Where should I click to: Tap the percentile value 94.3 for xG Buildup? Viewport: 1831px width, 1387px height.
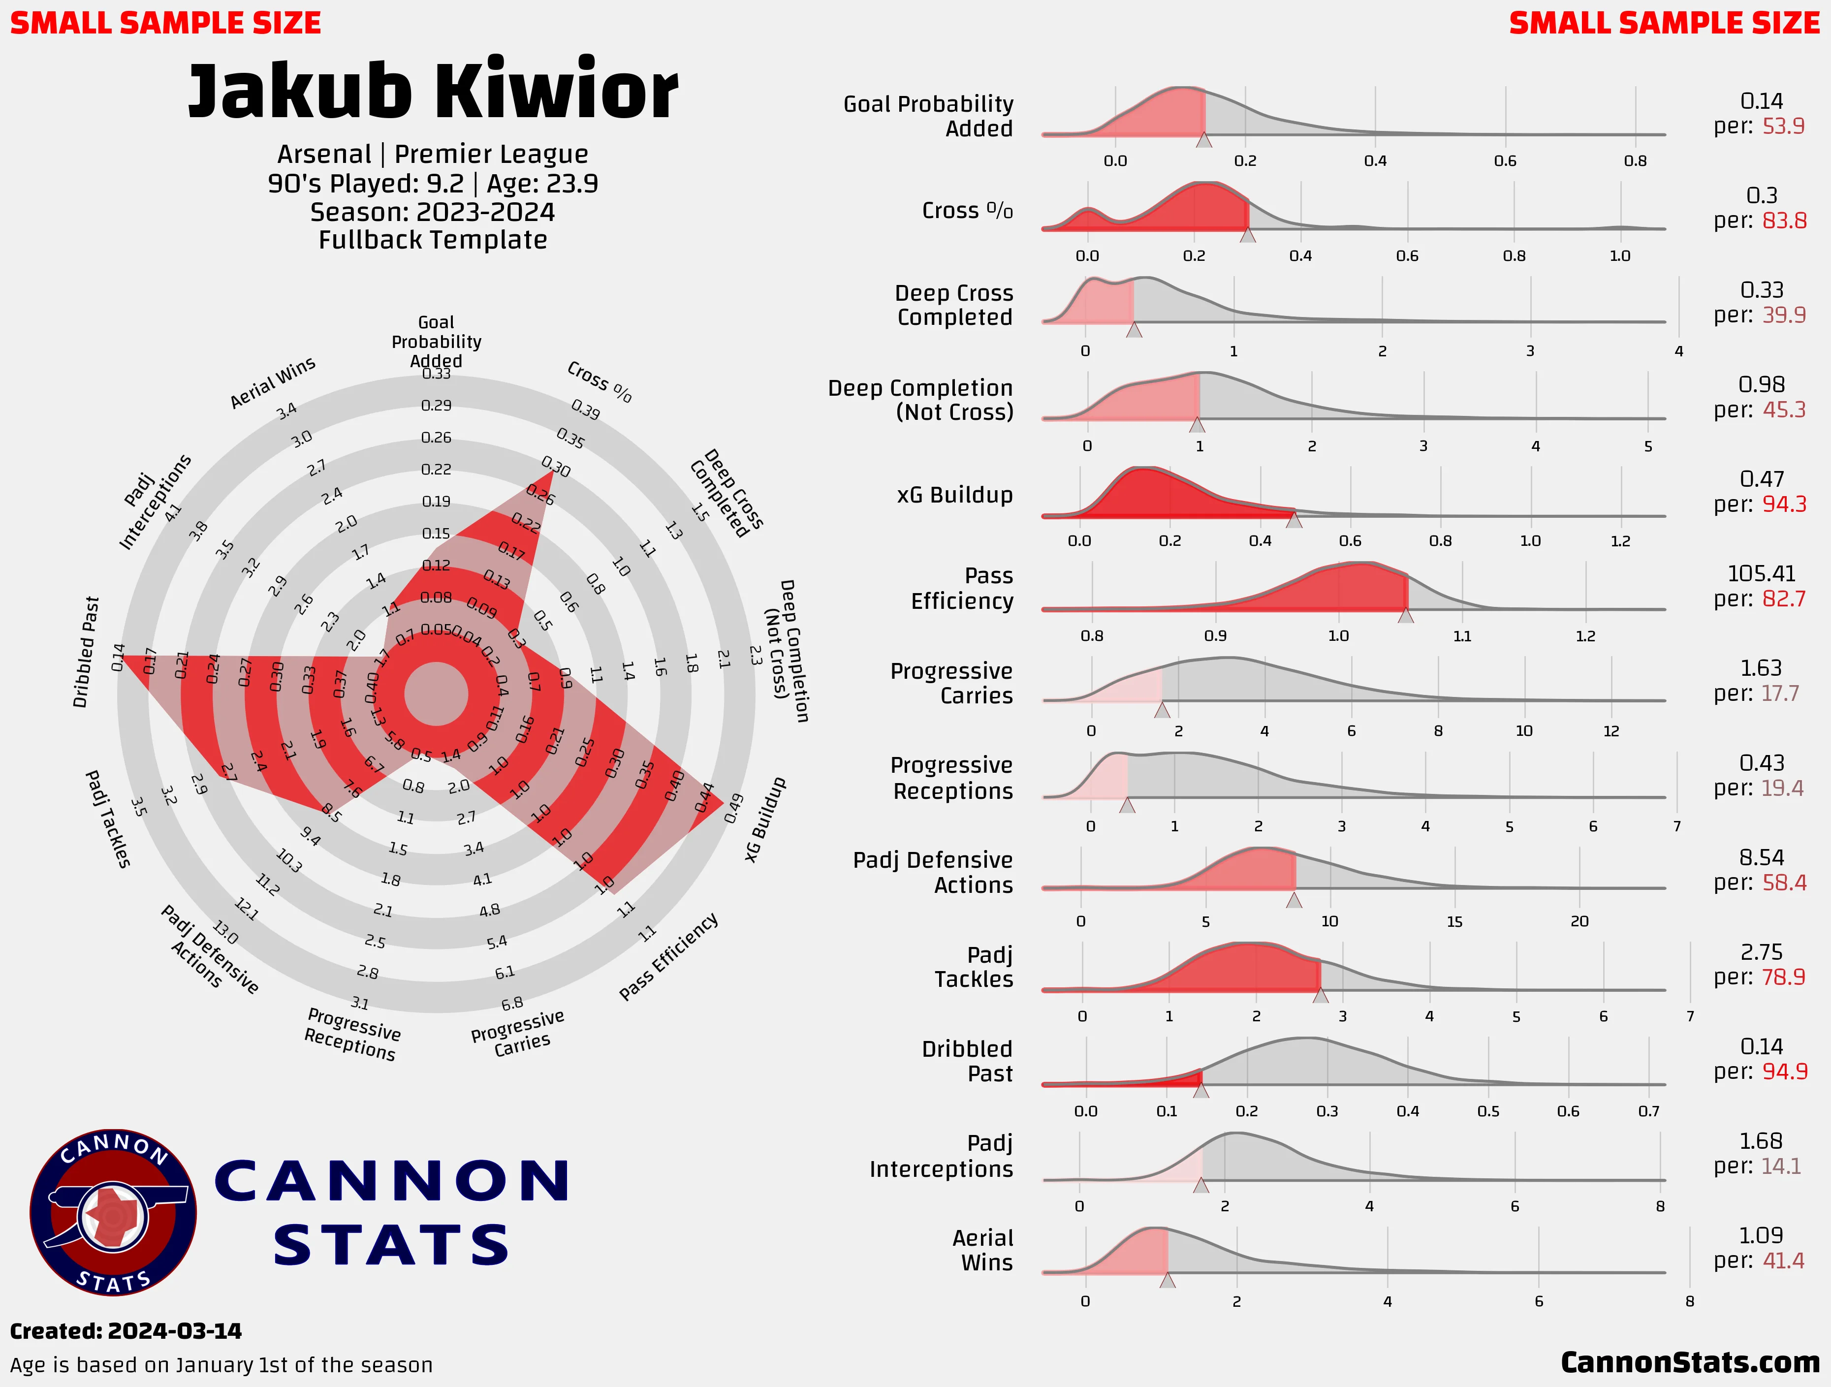coord(1784,504)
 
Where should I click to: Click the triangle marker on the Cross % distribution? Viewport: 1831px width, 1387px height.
coord(1247,236)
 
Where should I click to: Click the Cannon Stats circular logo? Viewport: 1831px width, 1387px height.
coord(113,1212)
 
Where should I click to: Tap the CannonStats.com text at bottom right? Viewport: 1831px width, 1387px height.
coord(1689,1361)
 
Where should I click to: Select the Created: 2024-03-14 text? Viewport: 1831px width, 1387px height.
coord(126,1331)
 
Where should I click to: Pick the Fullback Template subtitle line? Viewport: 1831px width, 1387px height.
coord(433,240)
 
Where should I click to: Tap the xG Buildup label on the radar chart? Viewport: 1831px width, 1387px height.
coord(766,820)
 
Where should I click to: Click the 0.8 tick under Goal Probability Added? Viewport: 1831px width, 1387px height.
coord(1635,160)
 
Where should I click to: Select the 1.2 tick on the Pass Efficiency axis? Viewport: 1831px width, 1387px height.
coord(1585,635)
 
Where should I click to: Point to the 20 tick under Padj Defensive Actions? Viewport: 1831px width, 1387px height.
coord(1579,921)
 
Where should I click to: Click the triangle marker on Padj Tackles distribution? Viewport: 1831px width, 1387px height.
coord(1320,996)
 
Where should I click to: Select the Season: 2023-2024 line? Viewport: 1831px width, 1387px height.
coord(433,212)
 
